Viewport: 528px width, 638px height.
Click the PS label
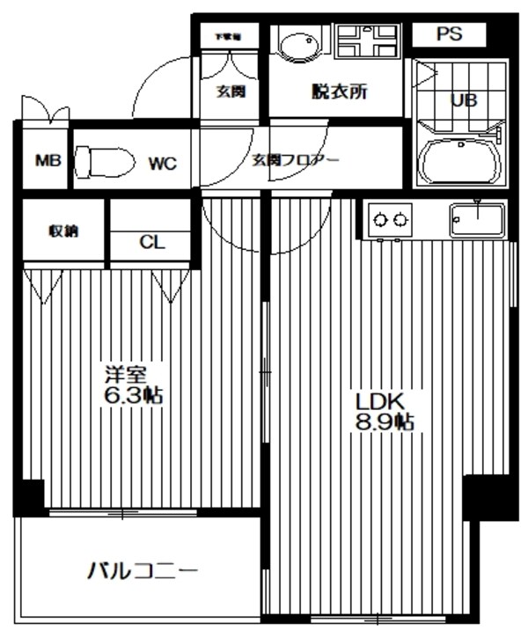[449, 34]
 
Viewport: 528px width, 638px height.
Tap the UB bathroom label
[465, 100]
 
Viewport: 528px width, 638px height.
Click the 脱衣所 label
[339, 92]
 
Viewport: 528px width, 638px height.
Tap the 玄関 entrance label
[231, 92]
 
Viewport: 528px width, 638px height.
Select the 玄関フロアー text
[296, 160]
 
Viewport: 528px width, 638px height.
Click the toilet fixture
[103, 162]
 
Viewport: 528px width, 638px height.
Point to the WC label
[162, 163]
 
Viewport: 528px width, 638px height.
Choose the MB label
[47, 161]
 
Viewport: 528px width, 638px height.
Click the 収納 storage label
[62, 231]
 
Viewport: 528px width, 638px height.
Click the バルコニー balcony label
[142, 571]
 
